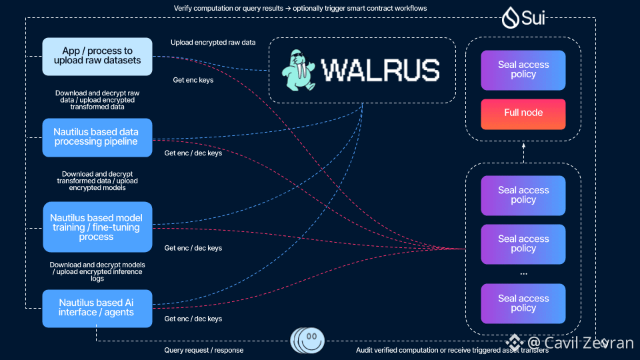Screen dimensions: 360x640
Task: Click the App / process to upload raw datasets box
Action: (x=97, y=56)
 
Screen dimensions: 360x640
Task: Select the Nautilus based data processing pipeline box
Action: (x=97, y=137)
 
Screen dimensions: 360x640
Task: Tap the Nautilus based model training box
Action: (x=97, y=227)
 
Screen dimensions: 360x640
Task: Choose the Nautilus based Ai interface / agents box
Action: (x=97, y=308)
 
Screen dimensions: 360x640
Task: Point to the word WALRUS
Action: (x=380, y=70)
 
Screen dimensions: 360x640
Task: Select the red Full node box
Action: (x=523, y=113)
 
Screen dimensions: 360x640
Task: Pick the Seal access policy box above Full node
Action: (x=523, y=70)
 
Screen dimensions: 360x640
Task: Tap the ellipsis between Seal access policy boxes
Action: (x=523, y=273)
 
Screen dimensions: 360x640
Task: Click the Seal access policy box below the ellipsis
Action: (x=523, y=303)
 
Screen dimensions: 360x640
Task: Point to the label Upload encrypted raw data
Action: (x=213, y=43)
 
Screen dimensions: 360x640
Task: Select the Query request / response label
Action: (x=204, y=350)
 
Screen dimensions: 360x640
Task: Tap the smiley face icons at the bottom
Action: (x=307, y=341)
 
